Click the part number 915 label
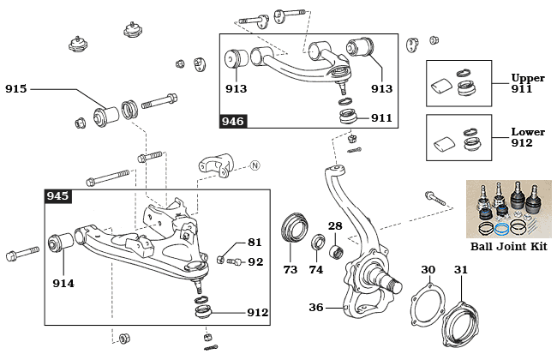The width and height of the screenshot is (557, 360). (x=17, y=88)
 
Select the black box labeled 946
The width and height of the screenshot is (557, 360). (x=234, y=121)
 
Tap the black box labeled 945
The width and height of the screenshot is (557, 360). (x=57, y=196)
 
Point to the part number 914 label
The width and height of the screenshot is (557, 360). (x=63, y=284)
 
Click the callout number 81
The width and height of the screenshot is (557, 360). (x=255, y=243)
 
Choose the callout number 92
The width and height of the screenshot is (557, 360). (x=255, y=261)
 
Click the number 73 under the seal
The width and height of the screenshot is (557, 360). (x=290, y=270)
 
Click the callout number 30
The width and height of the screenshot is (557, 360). (x=428, y=270)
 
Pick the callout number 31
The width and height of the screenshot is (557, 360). (x=461, y=270)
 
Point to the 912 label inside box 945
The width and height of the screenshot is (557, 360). (x=257, y=313)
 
